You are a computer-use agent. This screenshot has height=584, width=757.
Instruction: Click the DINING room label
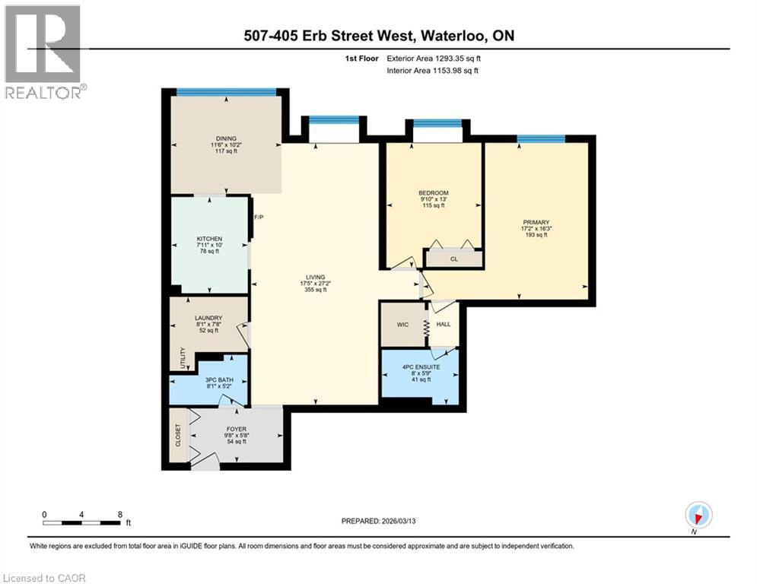pyautogui.click(x=224, y=137)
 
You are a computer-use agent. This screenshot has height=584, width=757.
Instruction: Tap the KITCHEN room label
pyautogui.click(x=209, y=239)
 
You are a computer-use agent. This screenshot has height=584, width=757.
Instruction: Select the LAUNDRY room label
pyautogui.click(x=207, y=318)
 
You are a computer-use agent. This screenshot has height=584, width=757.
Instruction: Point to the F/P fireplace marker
pyautogui.click(x=258, y=217)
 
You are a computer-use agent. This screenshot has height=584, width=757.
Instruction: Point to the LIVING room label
pyautogui.click(x=316, y=278)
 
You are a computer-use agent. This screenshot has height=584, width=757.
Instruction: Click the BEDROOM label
pyautogui.click(x=434, y=192)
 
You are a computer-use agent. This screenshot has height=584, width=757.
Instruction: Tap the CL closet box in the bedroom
pyautogui.click(x=453, y=259)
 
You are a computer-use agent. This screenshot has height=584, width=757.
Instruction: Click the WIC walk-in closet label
pyautogui.click(x=402, y=325)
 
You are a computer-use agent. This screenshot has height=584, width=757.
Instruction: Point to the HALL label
pyautogui.click(x=444, y=325)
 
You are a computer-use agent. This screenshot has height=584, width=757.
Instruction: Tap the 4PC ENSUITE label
pyautogui.click(x=420, y=367)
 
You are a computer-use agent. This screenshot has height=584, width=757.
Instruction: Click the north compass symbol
pyautogui.click(x=697, y=515)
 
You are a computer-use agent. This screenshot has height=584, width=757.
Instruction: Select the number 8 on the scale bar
pyautogui.click(x=120, y=514)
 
